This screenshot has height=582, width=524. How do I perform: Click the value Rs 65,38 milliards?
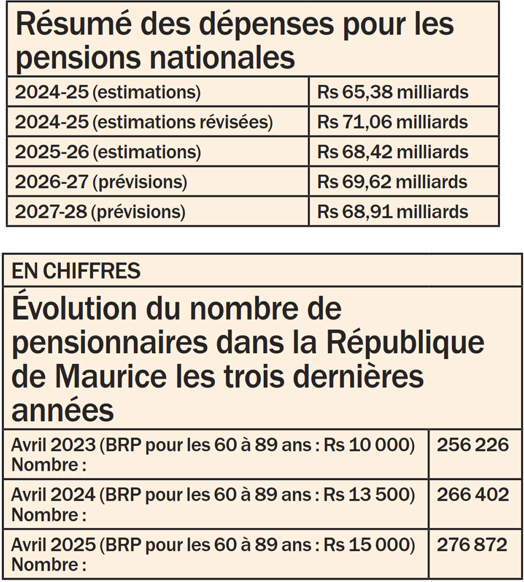click(392, 92)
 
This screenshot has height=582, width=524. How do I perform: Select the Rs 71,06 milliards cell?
click(392, 122)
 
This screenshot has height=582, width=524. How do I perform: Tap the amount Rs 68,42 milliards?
click(392, 152)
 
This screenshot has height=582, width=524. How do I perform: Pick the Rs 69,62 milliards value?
click(392, 182)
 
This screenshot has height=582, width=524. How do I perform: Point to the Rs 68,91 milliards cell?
click(392, 212)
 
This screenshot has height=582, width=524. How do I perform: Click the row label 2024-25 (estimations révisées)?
click(144, 122)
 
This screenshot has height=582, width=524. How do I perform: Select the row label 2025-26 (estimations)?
click(108, 152)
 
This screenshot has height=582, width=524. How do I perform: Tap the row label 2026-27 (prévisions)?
click(101, 182)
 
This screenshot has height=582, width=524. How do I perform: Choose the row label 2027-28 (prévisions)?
click(100, 212)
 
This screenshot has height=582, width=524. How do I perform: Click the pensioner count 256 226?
click(473, 445)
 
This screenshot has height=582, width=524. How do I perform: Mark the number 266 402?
click(473, 495)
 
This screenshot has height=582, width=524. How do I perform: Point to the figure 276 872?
click(472, 545)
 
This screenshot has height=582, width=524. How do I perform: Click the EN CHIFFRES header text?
click(76, 271)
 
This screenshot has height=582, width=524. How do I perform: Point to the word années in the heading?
click(63, 410)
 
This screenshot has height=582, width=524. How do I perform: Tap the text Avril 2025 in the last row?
click(53, 545)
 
